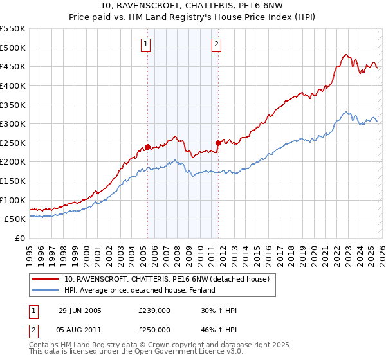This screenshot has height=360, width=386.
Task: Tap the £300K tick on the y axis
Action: coord(12,123)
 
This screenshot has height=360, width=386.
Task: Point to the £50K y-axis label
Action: coord(15,219)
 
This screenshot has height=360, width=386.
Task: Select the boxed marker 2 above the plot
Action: coord(217,44)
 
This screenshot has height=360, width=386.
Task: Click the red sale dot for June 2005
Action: coord(148,147)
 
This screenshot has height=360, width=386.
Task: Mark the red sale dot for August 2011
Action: coord(218,143)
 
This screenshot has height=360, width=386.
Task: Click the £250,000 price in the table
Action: coord(154,330)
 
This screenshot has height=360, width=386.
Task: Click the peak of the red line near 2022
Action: coord(346,55)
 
